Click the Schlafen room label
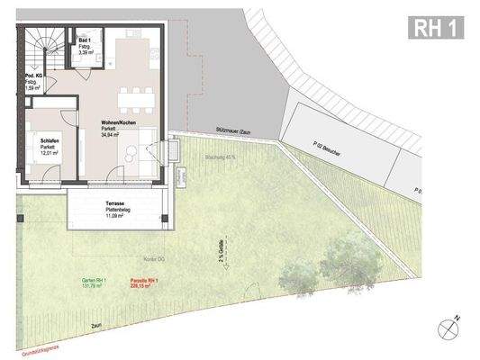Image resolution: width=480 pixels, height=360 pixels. tap(50, 142)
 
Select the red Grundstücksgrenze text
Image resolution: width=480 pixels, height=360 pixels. tap(24, 342)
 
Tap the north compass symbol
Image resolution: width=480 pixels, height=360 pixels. tap(447, 329)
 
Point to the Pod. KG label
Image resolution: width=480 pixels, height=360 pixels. tap(35, 79)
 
